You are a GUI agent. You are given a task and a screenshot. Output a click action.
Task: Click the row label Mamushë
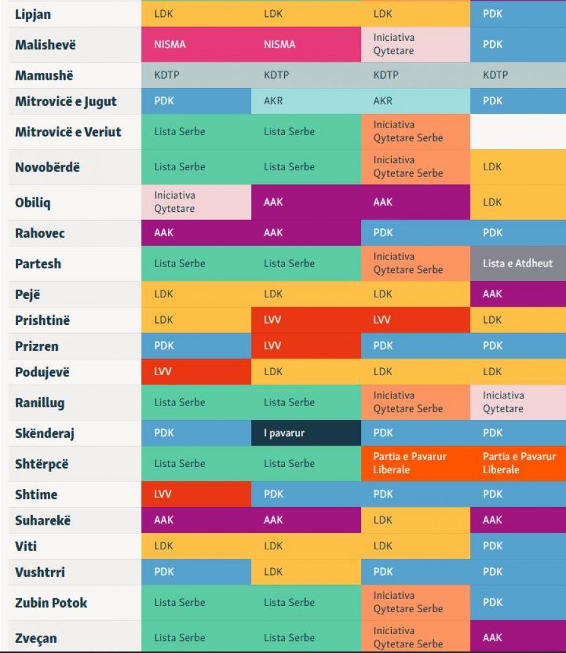pos(44,75)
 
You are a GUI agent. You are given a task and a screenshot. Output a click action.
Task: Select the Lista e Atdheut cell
pos(518,263)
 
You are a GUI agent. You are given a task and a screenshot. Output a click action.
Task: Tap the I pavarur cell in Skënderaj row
pos(306,433)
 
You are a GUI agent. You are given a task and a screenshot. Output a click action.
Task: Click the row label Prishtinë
pos(42,321)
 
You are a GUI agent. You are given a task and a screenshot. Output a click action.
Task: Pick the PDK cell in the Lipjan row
pos(518,14)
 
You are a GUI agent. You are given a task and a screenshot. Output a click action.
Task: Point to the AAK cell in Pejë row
pos(518,294)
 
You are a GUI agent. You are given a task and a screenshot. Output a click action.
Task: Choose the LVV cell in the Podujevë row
pos(196,371)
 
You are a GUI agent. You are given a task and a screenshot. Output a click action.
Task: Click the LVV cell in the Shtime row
pos(196,495)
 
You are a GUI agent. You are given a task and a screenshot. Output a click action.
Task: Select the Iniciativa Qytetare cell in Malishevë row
pos(416,45)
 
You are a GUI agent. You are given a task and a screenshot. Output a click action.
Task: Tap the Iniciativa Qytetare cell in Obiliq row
pos(196,202)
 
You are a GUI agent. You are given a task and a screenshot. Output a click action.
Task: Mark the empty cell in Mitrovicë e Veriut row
pos(518,131)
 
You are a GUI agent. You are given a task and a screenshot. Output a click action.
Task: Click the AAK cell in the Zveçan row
pos(518,637)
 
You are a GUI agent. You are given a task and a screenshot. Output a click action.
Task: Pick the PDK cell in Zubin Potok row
pos(518,603)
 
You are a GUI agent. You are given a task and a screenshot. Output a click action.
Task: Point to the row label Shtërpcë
pos(42,464)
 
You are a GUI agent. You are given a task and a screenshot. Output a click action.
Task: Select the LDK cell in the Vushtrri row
pos(306,572)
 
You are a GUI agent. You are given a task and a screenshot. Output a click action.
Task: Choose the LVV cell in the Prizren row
pos(306,346)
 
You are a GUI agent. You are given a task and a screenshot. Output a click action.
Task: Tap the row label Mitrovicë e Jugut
pos(66,102)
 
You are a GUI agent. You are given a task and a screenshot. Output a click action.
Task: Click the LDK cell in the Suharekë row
pos(416,520)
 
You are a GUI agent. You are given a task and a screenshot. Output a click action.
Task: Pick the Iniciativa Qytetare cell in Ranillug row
pos(518,402)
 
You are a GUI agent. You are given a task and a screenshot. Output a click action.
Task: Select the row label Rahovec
pos(40,233)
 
